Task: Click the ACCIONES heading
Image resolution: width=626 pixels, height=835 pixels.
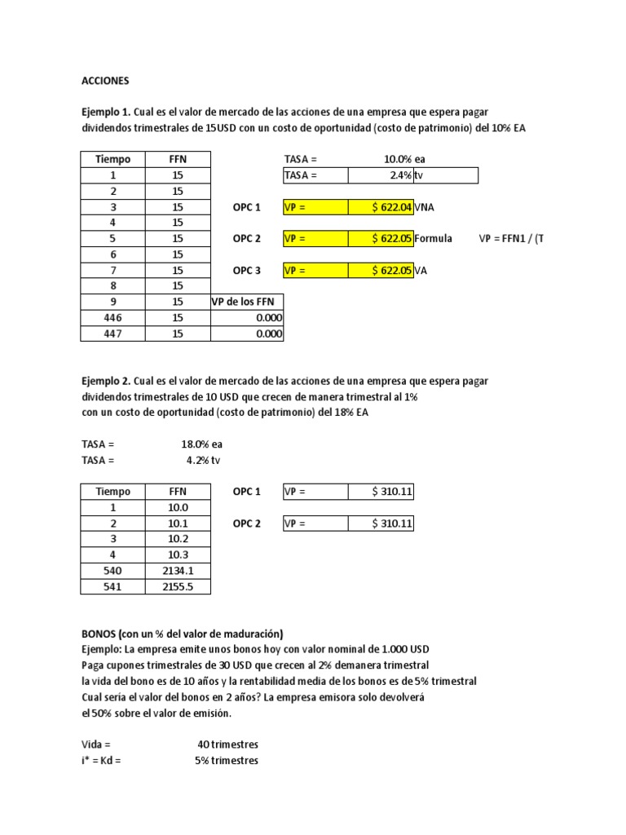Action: click(x=105, y=81)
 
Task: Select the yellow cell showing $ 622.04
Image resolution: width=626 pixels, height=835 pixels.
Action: click(x=381, y=207)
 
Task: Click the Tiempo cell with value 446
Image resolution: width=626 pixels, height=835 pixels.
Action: click(x=112, y=317)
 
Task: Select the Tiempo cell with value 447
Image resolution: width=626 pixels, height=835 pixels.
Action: click(x=112, y=334)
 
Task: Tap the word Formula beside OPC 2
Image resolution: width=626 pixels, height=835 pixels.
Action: click(x=433, y=239)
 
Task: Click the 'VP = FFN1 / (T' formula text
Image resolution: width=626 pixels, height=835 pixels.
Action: click(x=510, y=239)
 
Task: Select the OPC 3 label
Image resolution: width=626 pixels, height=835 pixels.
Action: click(x=246, y=271)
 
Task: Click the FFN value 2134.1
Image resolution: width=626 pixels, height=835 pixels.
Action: click(x=178, y=571)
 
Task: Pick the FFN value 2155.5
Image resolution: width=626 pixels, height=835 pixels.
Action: click(x=178, y=586)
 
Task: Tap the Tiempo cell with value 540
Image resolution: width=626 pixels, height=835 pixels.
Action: click(x=112, y=571)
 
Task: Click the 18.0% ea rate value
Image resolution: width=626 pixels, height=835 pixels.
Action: click(x=201, y=444)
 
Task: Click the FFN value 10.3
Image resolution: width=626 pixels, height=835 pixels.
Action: click(x=178, y=554)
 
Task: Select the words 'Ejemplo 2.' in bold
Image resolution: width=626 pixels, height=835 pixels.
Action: click(x=106, y=381)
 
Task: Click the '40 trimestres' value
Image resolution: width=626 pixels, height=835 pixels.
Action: click(x=227, y=744)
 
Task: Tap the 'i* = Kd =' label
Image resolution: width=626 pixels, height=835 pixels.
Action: click(x=105, y=760)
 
